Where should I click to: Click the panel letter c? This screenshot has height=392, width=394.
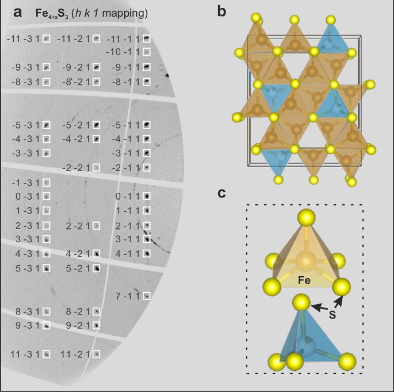coord(221,193)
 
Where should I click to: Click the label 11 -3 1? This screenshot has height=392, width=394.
coord(25,354)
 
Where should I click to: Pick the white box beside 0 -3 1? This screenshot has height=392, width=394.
coord(47,197)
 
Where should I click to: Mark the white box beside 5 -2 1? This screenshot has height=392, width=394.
coord(97,267)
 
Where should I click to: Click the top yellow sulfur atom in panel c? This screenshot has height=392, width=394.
coord(305,218)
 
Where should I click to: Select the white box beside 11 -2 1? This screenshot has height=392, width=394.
coord(97,354)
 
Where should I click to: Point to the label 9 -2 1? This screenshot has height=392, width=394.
coord(76,325)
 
